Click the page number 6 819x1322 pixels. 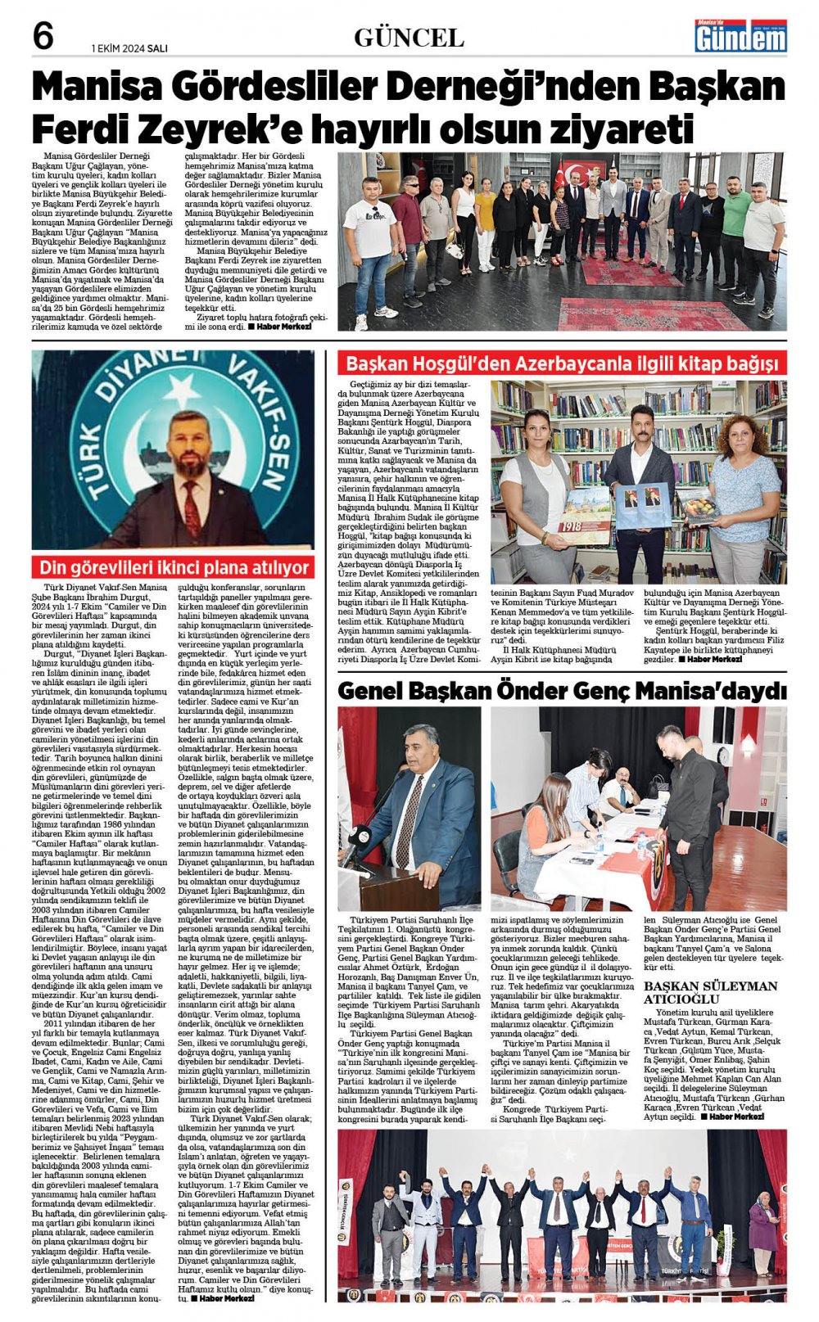pyautogui.click(x=42, y=36)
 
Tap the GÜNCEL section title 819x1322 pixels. pyautogui.click(x=409, y=38)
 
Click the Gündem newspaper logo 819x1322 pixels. pyautogui.click(x=740, y=37)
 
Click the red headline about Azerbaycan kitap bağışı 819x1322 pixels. pyautogui.click(x=562, y=363)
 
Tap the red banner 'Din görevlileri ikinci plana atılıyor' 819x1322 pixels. pyautogui.click(x=173, y=567)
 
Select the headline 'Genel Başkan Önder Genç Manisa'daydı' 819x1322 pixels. pyautogui.click(x=562, y=691)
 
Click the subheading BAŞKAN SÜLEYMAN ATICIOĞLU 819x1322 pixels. pyautogui.click(x=710, y=992)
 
